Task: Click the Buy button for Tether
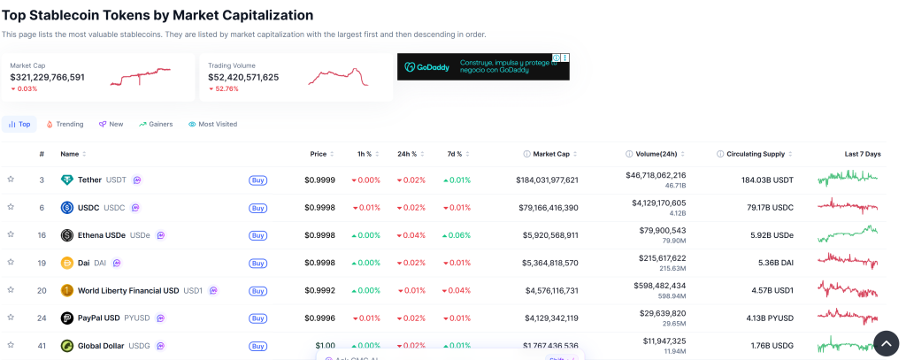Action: pyautogui.click(x=257, y=180)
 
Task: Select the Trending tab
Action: pyautogui.click(x=65, y=125)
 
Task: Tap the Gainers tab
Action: pyautogui.click(x=156, y=125)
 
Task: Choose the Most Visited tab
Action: pyautogui.click(x=212, y=125)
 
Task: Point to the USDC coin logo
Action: pyautogui.click(x=67, y=208)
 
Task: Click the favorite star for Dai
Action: pyautogui.click(x=11, y=263)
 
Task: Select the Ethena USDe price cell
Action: pyautogui.click(x=319, y=235)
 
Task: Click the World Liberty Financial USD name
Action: pyautogui.click(x=127, y=290)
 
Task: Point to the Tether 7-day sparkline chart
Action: pyautogui.click(x=848, y=180)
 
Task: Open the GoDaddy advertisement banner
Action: pyautogui.click(x=483, y=66)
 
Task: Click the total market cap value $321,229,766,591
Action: pyautogui.click(x=48, y=77)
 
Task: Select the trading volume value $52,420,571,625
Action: pyautogui.click(x=243, y=77)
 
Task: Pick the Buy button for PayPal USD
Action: pyautogui.click(x=257, y=318)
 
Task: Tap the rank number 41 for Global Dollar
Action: pyautogui.click(x=42, y=345)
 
